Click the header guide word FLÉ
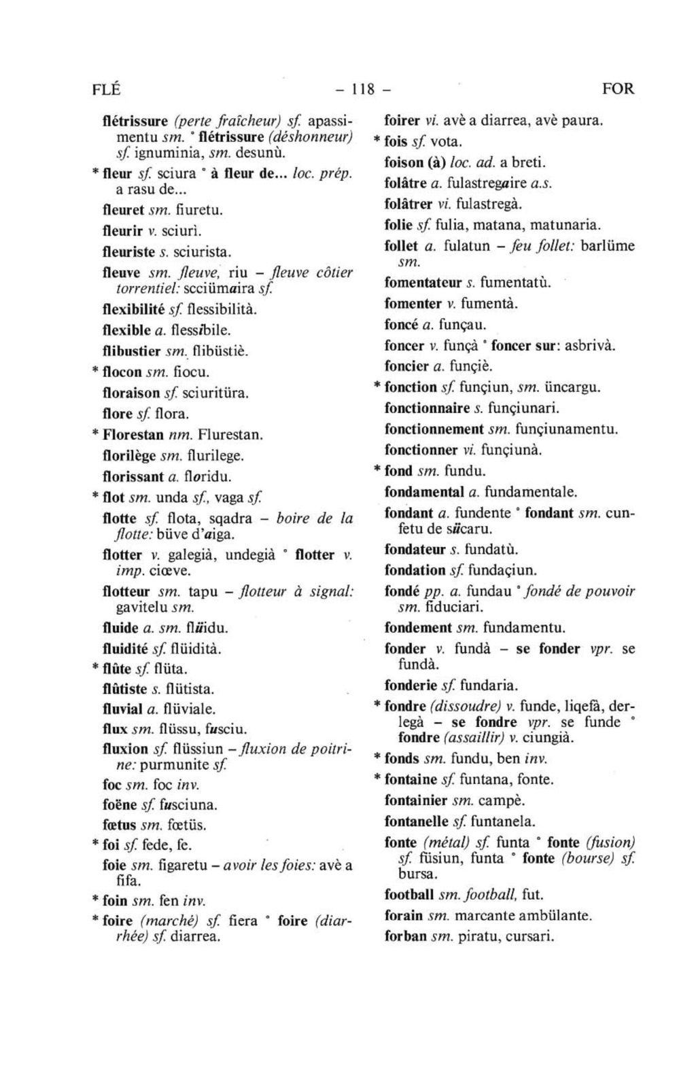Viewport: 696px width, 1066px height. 105,89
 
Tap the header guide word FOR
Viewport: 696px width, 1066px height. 617,89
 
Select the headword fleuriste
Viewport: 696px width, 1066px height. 128,252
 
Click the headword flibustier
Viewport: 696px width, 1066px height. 132,352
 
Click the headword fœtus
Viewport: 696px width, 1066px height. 120,825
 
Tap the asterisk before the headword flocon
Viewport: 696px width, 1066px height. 95,373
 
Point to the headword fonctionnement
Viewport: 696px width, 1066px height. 433,429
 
